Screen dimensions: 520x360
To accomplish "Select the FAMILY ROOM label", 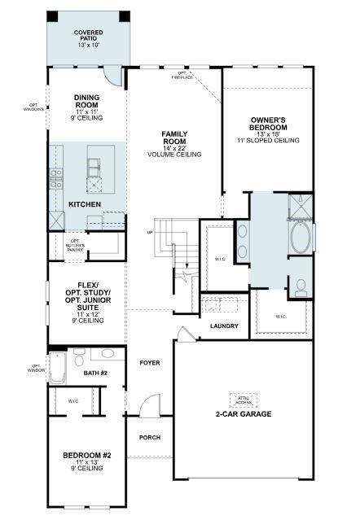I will tap(173, 143).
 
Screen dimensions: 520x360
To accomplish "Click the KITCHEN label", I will tap(84, 203).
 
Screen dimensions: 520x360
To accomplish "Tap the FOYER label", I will tap(149, 362).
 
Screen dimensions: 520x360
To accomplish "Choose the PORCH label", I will tap(150, 437).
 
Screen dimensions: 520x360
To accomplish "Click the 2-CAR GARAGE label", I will tap(244, 413).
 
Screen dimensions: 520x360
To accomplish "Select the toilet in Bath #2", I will tap(79, 358).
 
